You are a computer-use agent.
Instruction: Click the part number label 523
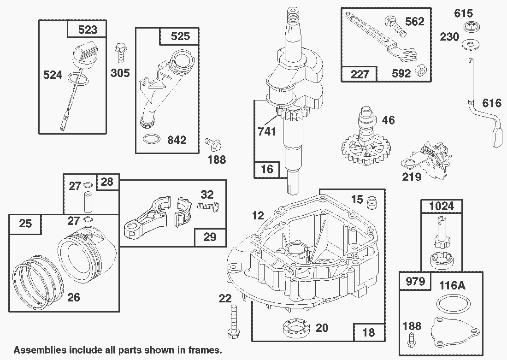tap(88, 30)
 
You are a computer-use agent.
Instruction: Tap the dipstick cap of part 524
tap(85, 55)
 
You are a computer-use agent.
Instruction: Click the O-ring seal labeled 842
tap(151, 139)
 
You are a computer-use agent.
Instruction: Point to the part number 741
tap(267, 131)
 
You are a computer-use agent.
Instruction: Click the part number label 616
tap(492, 103)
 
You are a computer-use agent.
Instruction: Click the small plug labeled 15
tap(372, 203)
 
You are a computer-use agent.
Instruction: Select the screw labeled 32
tap(208, 206)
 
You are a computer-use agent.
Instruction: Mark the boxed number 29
tap(210, 237)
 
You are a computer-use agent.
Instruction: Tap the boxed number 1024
tap(442, 206)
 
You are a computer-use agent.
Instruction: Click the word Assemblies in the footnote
tap(41, 350)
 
